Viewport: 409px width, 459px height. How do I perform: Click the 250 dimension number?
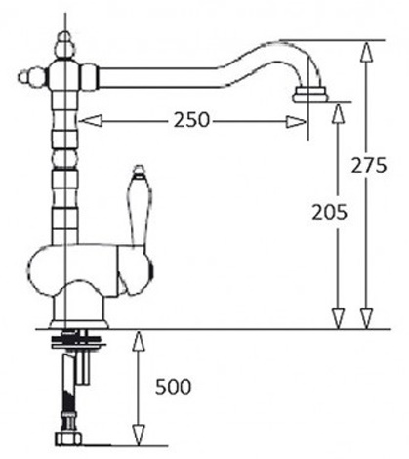191,120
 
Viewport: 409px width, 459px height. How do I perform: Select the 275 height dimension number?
369,165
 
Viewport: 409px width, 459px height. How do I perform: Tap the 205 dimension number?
329,213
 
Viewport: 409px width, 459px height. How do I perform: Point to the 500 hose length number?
173,387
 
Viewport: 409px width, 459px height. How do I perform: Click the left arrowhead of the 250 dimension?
91,121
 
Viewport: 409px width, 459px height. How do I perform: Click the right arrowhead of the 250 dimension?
296,122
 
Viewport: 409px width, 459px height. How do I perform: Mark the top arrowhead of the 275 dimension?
366,52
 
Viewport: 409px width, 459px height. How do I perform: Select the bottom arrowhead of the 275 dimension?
366,318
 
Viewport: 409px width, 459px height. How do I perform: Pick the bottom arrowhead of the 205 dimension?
339,318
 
